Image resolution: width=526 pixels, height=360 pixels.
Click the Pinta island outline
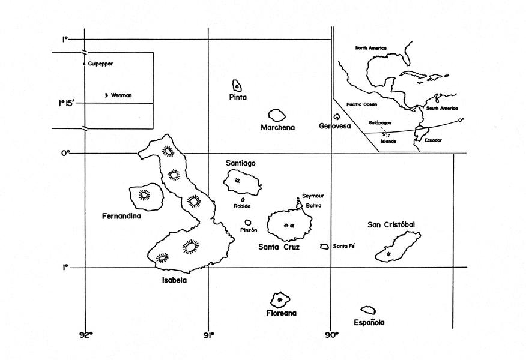[237, 86]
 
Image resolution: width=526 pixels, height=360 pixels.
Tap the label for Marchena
[277, 128]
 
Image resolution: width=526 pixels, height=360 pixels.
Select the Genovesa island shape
[337, 117]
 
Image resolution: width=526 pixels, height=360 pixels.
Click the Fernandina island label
[121, 216]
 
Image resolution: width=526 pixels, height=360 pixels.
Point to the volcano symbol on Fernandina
[144, 194]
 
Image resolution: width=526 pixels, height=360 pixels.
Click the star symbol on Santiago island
[238, 180]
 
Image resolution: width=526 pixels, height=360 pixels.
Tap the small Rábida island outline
[243, 200]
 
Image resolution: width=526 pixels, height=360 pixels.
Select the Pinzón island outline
[247, 223]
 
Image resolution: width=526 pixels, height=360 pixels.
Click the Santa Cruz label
[279, 247]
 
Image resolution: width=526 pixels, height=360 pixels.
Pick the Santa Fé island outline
[324, 246]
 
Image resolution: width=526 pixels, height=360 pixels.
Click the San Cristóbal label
[391, 225]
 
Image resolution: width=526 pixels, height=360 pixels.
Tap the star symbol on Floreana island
[280, 299]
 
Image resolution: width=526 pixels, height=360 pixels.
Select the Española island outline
[368, 311]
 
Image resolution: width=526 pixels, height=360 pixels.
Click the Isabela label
[174, 280]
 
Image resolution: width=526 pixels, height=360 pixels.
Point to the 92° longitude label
[86, 335]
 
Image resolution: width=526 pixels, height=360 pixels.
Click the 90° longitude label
[331, 335]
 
